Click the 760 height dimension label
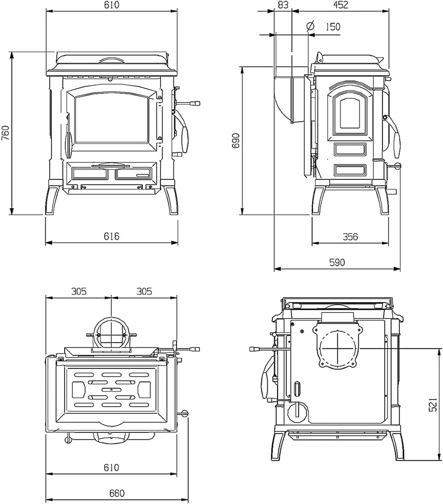pos(5,133)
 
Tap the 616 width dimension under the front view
pos(111,236)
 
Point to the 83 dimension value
pos(282,5)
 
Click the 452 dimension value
pos(340,5)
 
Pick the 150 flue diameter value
pos(333,27)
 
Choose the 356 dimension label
pos(350,236)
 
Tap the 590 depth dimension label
pos(337,262)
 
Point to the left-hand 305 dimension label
pos(79,291)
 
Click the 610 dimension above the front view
pos(111,5)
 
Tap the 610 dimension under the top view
pos(111,467)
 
